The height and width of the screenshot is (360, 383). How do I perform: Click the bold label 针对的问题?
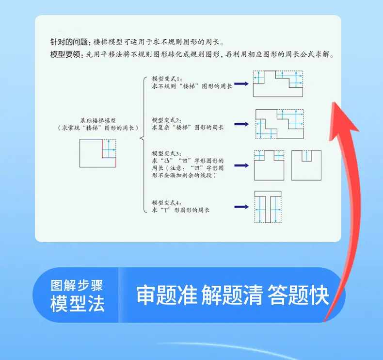pos(68,42)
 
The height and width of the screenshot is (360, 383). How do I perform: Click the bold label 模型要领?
pos(65,54)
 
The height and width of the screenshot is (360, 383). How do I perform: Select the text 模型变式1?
pos(167,79)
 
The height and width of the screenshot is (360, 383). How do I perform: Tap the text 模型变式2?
pos(167,120)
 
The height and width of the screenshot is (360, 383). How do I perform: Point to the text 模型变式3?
pos(167,153)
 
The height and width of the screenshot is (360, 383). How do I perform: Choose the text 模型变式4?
pos(167,203)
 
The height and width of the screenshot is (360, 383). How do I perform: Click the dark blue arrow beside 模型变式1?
pos(241,84)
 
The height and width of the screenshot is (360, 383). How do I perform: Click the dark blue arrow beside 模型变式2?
pos(241,124)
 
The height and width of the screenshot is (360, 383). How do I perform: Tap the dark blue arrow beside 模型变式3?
pos(241,165)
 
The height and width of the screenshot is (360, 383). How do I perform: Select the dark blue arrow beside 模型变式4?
pos(241,207)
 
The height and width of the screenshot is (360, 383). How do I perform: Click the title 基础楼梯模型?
pos(98,121)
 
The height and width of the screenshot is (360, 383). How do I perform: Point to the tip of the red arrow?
pos(334,102)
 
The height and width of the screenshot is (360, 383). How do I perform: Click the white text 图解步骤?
pos(77,285)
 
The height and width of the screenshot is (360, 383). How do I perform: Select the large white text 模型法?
pos(78,304)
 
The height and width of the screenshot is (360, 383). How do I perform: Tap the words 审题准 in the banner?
pos(167,295)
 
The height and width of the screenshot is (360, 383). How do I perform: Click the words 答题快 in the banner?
pos(298,295)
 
